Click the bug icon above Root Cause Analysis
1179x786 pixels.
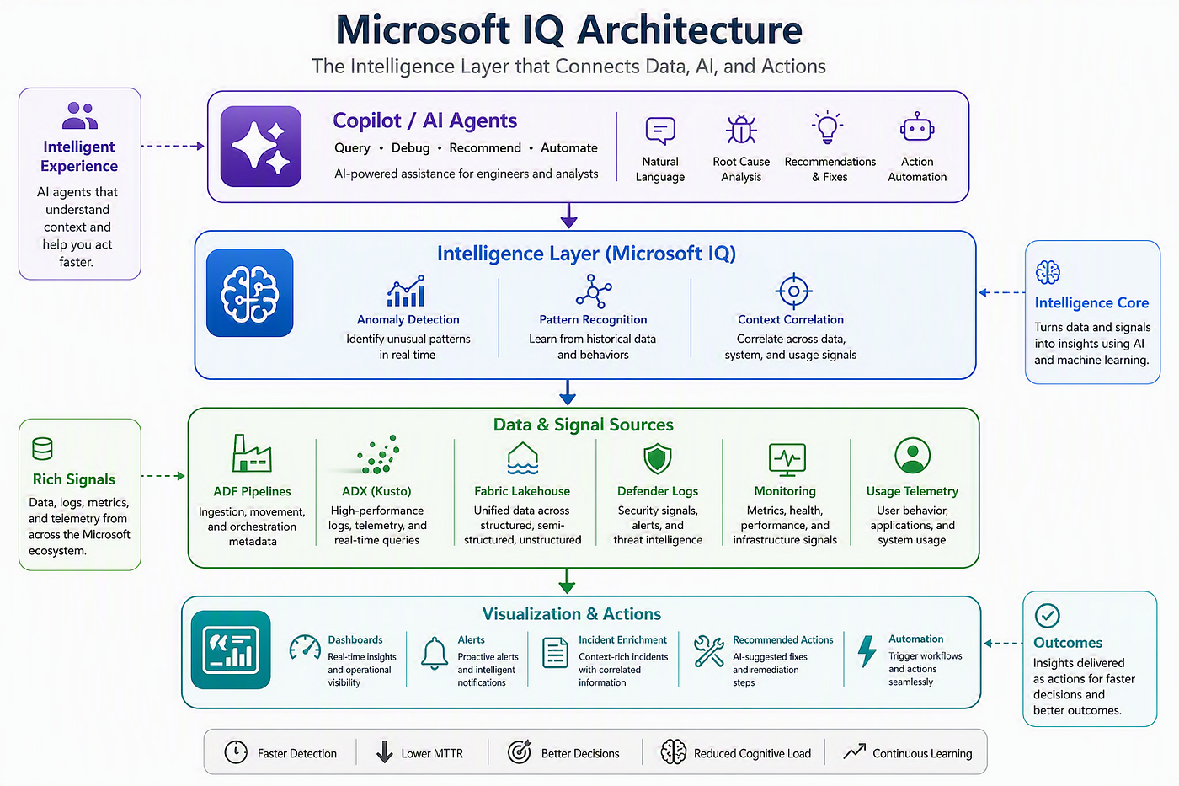pos(741,129)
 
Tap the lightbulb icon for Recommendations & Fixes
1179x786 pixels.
pos(827,127)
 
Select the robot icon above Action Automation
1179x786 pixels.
pos(917,127)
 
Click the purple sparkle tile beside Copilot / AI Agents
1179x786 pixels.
pos(261,147)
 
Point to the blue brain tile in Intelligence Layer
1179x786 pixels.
pos(250,292)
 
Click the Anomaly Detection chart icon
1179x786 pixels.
pos(406,291)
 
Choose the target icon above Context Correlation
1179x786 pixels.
pos(793,291)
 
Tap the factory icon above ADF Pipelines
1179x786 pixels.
pos(252,452)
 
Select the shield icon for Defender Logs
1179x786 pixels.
pos(658,458)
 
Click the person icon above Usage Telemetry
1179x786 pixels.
pos(912,456)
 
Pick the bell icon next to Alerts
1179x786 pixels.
pos(435,653)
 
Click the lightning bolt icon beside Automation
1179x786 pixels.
pos(867,651)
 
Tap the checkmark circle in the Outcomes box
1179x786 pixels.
pos(1048,616)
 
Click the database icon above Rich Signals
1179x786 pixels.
pos(42,448)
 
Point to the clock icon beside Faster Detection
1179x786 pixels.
pos(236,751)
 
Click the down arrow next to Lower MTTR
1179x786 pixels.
pos(385,751)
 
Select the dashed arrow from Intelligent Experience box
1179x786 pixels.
pos(173,146)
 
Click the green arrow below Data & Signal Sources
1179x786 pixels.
pos(566,581)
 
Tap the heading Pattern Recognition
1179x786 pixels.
pos(593,319)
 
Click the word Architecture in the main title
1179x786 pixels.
pos(690,30)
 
